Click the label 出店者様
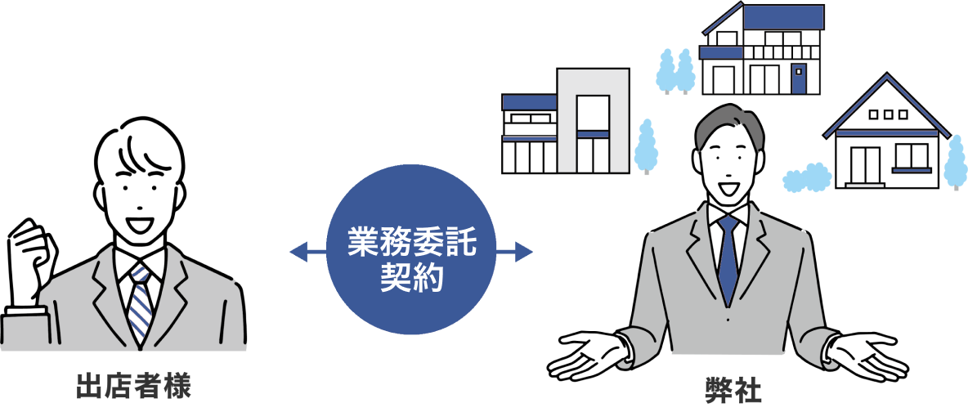132,384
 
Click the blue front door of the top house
799,79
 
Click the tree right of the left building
647,146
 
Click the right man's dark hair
728,123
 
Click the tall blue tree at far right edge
954,161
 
